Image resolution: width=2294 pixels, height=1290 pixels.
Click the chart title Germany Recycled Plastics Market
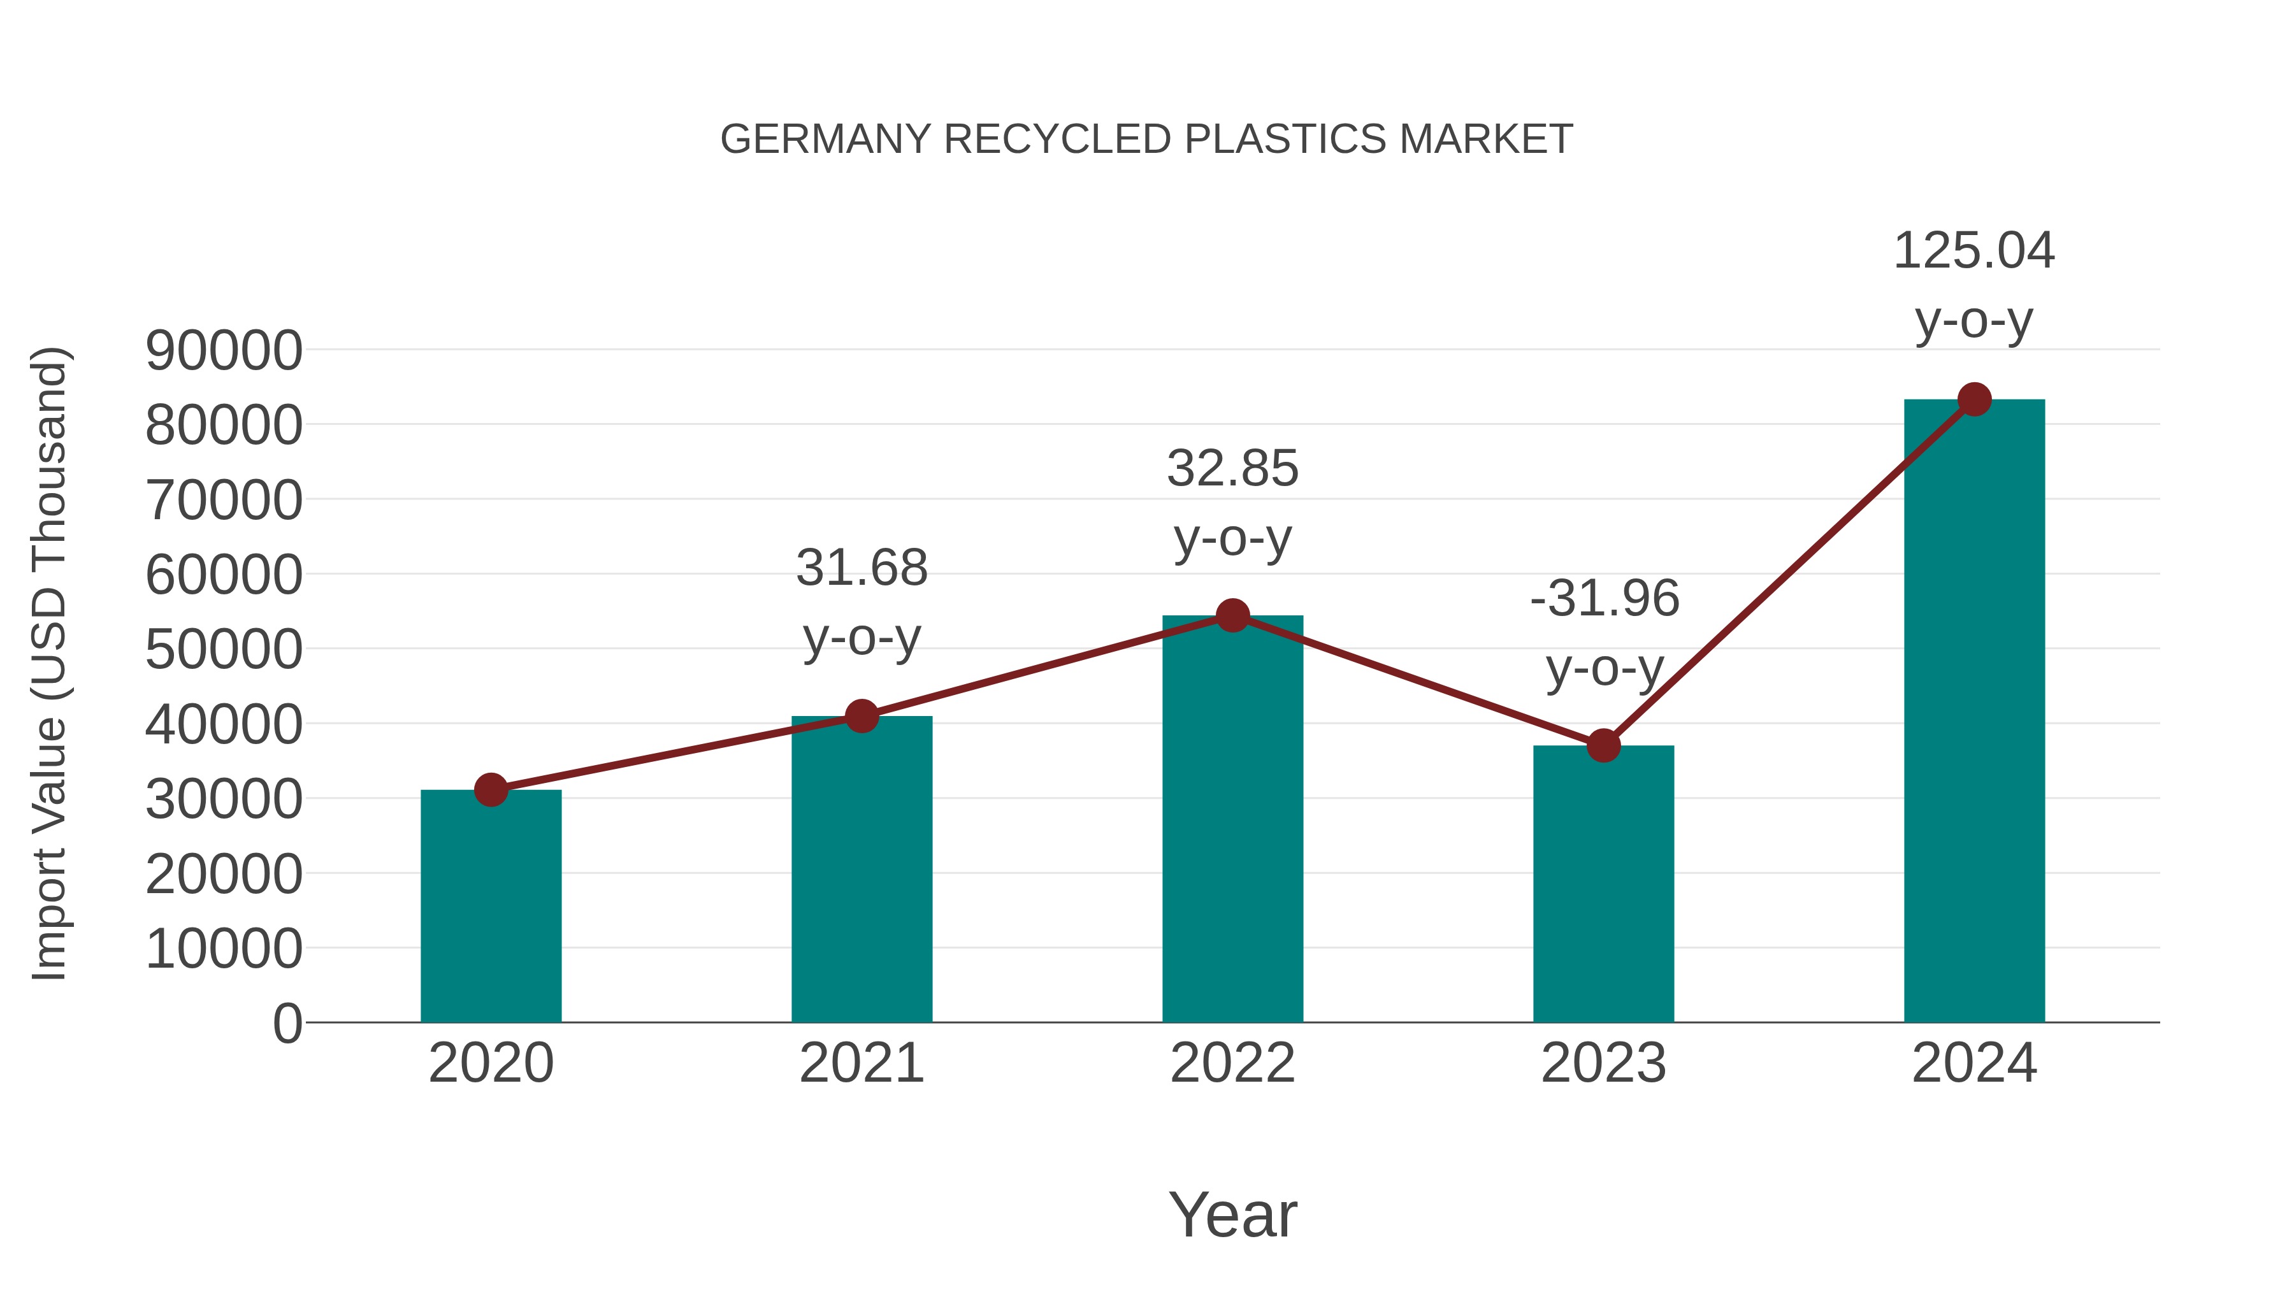(x=1146, y=140)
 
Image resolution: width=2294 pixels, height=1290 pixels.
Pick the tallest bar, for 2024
(x=1974, y=712)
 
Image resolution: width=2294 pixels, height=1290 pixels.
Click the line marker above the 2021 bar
(x=861, y=716)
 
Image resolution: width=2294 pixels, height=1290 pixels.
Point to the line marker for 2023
(x=1603, y=746)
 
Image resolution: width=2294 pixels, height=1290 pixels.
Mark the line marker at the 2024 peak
(x=1974, y=399)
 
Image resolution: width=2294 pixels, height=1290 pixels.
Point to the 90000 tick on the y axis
(x=224, y=351)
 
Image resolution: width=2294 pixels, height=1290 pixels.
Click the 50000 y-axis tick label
(x=224, y=650)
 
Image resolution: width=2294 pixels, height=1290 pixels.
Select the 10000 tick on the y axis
(x=224, y=949)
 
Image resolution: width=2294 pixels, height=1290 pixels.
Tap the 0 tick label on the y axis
(x=287, y=1024)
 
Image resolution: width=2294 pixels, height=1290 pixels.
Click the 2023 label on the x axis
(x=1603, y=1064)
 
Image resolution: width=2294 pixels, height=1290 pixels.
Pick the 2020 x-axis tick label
(x=491, y=1064)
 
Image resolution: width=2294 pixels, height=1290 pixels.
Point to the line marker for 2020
(x=491, y=790)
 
